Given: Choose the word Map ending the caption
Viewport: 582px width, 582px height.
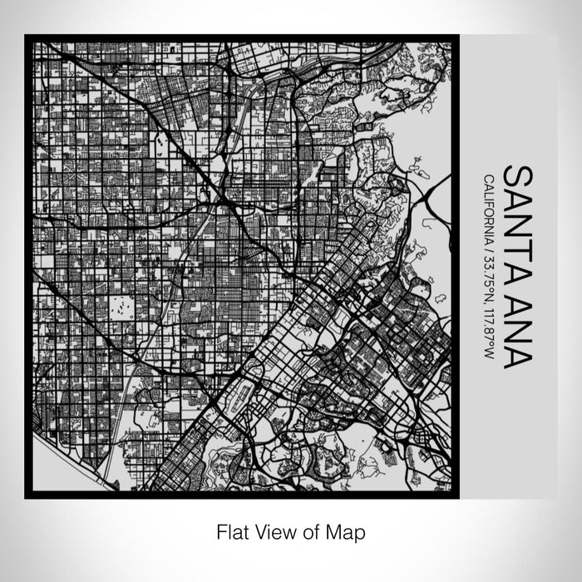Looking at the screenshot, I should (x=344, y=530).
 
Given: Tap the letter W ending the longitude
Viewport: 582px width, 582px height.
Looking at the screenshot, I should (x=486, y=354).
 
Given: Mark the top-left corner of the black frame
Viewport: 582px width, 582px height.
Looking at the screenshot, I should (x=27, y=36).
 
